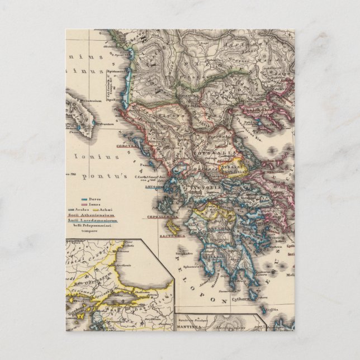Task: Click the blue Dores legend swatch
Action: point(85,199)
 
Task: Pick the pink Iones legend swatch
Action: point(85,205)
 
